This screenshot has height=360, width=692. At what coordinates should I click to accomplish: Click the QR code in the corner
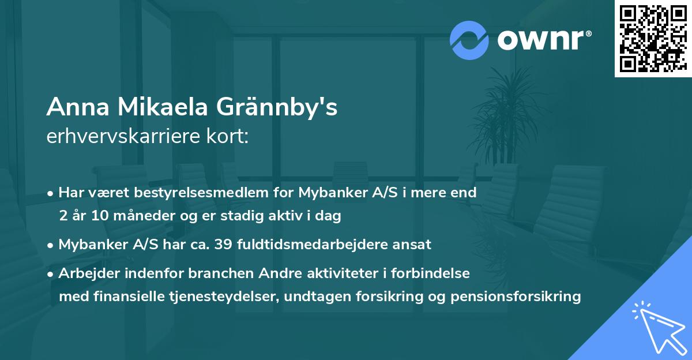(x=653, y=39)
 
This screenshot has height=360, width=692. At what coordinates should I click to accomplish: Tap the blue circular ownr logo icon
(x=469, y=40)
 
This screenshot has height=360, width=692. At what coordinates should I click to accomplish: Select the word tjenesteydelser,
(x=214, y=297)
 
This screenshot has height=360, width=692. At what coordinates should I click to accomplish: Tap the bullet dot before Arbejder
(x=51, y=274)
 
